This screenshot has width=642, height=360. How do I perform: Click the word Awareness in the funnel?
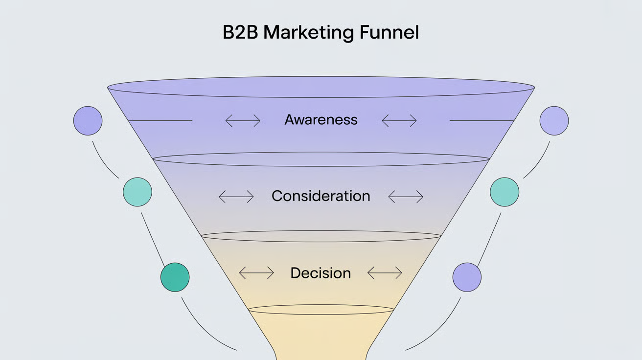click(321, 120)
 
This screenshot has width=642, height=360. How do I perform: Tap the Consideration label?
click(321, 196)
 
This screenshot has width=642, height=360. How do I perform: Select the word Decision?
click(321, 273)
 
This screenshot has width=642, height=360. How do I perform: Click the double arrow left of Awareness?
click(243, 120)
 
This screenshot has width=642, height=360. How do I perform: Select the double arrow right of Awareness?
click(399, 120)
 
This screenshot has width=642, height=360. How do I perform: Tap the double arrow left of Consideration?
click(236, 197)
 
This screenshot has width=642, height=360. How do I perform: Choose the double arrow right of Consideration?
click(405, 197)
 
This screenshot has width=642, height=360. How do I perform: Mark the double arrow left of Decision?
click(256, 273)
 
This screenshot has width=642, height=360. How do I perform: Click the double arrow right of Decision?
click(385, 273)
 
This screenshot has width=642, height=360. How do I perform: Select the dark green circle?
click(175, 277)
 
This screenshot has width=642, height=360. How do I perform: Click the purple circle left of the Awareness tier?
click(88, 120)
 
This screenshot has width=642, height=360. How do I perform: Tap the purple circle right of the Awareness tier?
click(554, 120)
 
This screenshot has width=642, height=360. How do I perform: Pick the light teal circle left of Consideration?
click(138, 192)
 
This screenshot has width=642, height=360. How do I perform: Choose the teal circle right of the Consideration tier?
click(504, 192)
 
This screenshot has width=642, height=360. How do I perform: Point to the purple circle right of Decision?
click(467, 277)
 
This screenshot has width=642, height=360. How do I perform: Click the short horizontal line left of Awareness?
click(159, 120)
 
